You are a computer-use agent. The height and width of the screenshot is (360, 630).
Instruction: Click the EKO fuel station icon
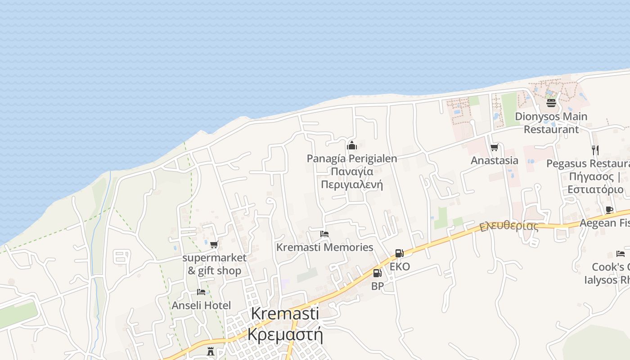[x=399, y=253]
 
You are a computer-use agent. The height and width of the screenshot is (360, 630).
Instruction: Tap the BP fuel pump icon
[x=377, y=273]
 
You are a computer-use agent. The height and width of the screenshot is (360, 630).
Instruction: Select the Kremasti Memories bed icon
[x=324, y=234]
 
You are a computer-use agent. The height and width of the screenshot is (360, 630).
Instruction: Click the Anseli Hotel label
[x=201, y=306]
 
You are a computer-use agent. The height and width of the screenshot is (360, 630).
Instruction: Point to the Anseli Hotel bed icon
[x=201, y=292]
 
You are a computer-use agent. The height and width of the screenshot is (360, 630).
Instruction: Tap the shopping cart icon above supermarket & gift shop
[x=214, y=245]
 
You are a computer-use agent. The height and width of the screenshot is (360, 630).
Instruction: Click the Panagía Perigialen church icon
[x=352, y=145]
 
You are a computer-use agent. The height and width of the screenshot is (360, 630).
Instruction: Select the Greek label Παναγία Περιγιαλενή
[x=352, y=178]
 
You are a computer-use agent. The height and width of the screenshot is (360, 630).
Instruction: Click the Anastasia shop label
[x=494, y=161]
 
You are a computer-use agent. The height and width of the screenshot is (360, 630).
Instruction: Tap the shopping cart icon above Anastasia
[x=494, y=148]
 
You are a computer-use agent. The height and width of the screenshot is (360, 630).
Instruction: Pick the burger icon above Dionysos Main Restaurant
[x=551, y=103]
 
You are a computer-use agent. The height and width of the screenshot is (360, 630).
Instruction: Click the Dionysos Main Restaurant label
[x=551, y=123]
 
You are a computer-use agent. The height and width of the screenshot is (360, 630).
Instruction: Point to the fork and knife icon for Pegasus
[x=595, y=150]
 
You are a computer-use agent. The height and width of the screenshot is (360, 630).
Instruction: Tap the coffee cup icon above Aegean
[x=609, y=210]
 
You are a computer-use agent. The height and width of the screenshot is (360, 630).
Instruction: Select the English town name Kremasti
[x=285, y=313]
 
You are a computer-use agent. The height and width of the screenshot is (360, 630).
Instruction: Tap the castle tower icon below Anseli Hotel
[x=211, y=351]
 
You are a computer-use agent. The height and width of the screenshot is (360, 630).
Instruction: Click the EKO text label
[x=400, y=266]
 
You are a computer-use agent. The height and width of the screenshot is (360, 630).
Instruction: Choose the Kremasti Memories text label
[x=324, y=247]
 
